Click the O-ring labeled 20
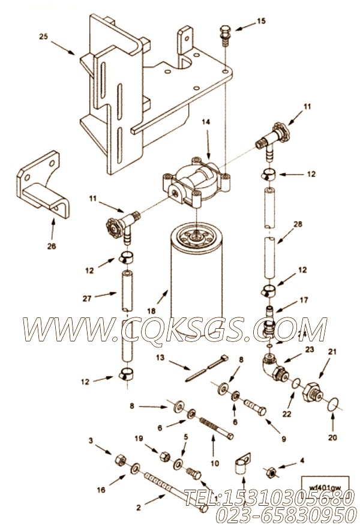[x=329, y=406]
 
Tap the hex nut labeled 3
[x=119, y=460]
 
